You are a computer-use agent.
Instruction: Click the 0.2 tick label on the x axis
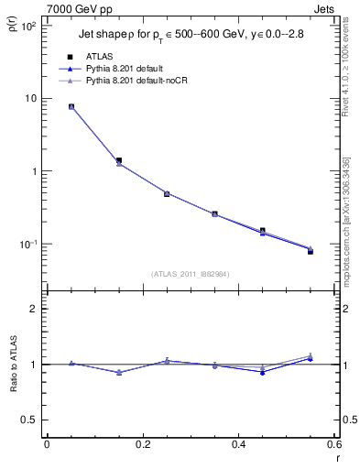click(x=142, y=444)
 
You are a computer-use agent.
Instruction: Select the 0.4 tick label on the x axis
click(x=238, y=444)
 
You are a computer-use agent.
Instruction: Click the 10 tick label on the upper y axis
click(x=31, y=99)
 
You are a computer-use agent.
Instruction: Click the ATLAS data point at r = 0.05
click(x=71, y=106)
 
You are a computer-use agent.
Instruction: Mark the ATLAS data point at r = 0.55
click(x=311, y=251)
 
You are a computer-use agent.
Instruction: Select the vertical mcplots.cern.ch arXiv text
click(x=345, y=220)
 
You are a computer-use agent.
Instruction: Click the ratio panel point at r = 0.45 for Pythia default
click(x=263, y=372)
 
